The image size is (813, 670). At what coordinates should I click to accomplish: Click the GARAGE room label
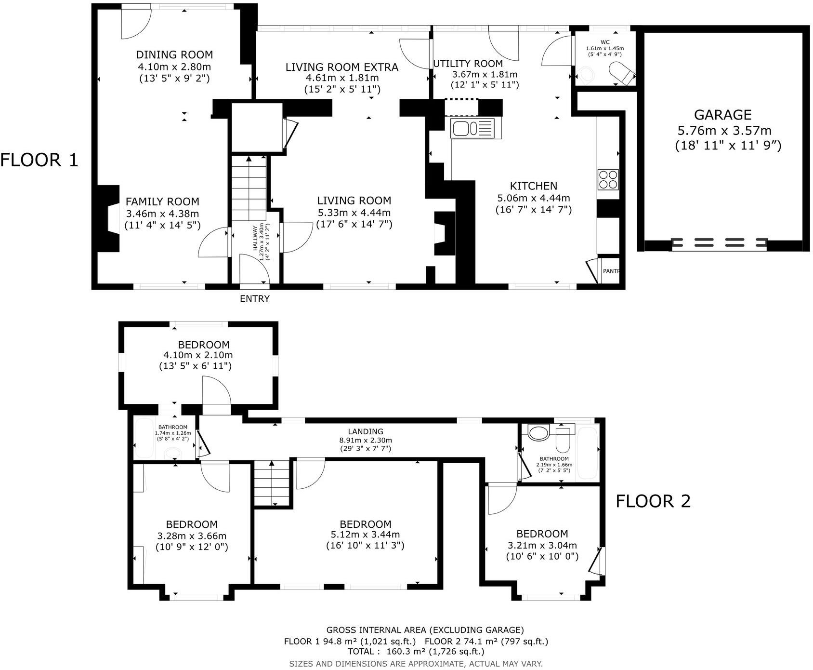pos(722,115)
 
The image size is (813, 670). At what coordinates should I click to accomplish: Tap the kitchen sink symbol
pos(472,129)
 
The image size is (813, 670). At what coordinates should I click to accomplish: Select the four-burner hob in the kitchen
pos(608,179)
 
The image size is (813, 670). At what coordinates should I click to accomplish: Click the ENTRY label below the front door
pos(255,299)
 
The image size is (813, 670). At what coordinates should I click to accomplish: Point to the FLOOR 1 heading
pos(39,160)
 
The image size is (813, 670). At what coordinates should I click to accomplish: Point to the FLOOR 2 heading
pos(653,501)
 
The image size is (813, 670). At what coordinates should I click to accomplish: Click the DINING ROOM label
pos(174,55)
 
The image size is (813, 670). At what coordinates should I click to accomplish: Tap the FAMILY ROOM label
pos(162,202)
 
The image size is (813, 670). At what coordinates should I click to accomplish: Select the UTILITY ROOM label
pos(468,64)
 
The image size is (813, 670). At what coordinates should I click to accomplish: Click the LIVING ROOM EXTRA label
pos(342,67)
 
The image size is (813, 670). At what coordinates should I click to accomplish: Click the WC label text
pos(605,42)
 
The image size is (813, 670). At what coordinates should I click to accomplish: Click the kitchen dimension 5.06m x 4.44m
pos(534,198)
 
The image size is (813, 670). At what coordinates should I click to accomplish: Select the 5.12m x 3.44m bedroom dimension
pos(365,535)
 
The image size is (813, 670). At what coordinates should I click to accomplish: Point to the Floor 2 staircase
pos(273,483)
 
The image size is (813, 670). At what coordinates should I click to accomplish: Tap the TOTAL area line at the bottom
pos(416,652)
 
